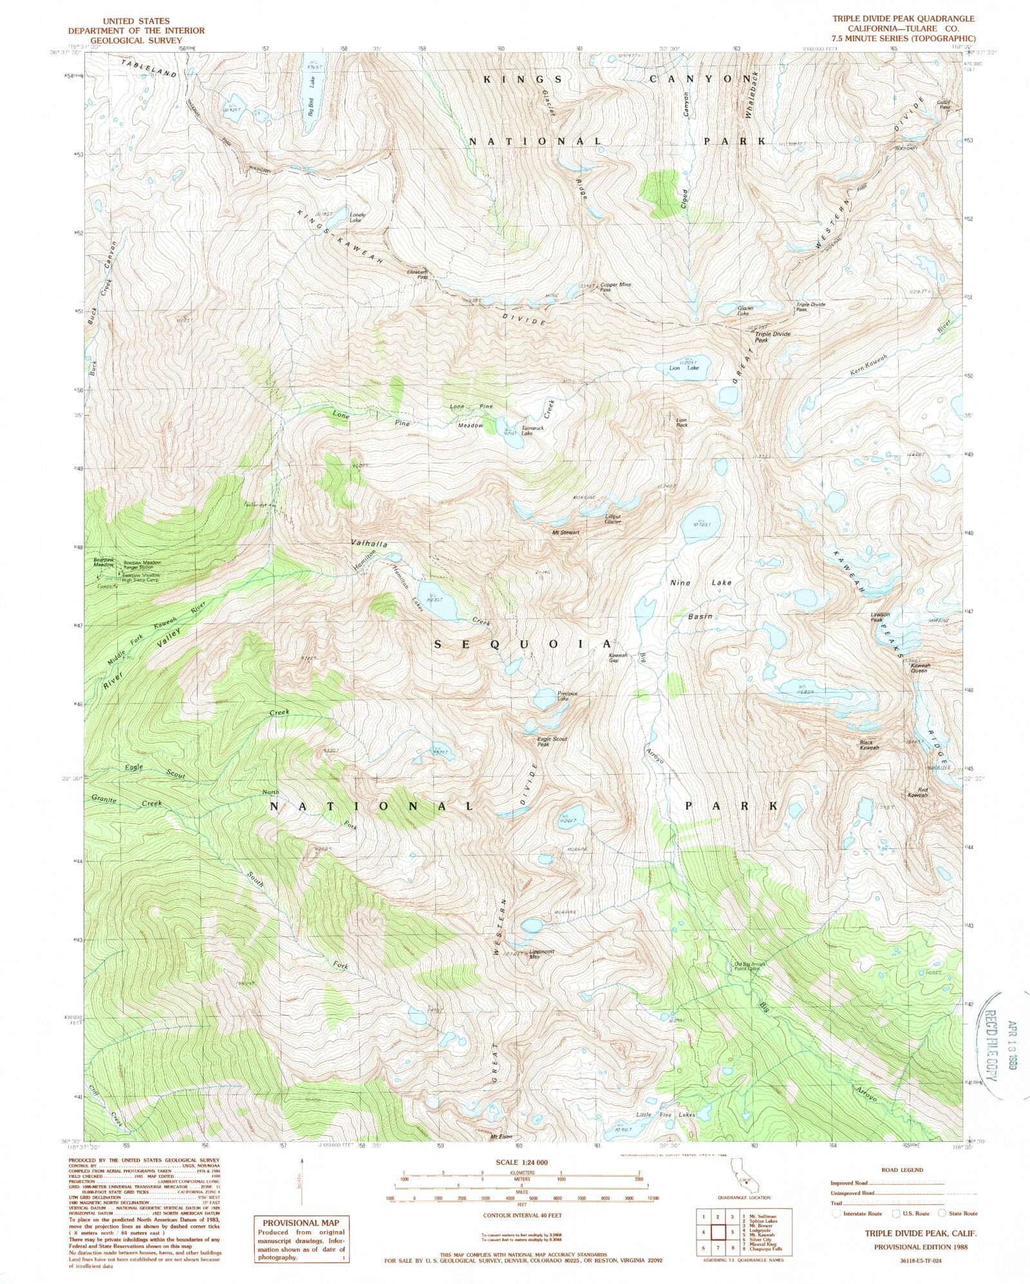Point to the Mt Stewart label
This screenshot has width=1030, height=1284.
[x=566, y=533]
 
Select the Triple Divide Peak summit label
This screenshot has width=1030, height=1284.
[x=772, y=337]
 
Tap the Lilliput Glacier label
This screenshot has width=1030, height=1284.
[x=613, y=518]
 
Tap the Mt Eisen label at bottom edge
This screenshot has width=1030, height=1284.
[x=501, y=1137]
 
